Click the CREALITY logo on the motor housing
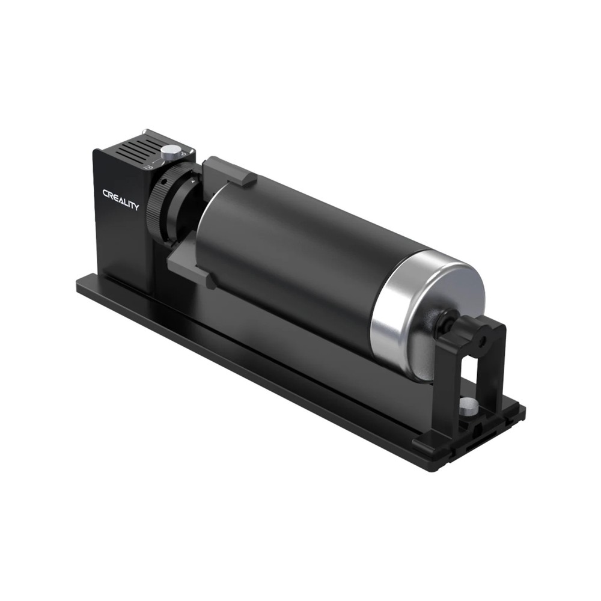[120, 200]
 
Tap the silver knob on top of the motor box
[172, 151]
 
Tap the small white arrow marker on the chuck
[192, 180]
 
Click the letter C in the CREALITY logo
[105, 194]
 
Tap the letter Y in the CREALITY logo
[136, 207]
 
